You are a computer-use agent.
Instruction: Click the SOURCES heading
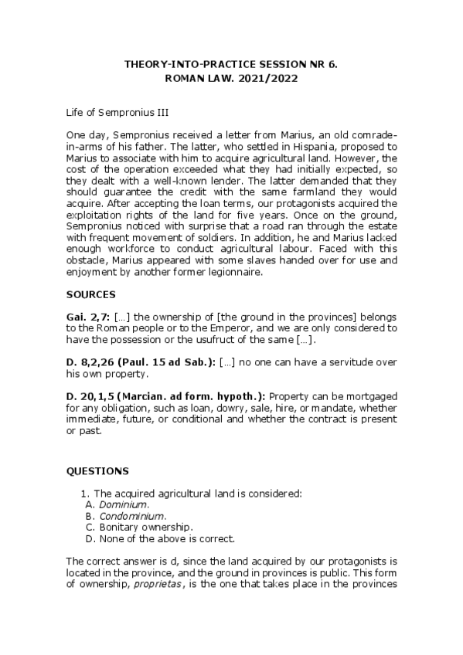click(x=90, y=294)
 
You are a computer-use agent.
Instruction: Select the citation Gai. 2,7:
click(x=87, y=317)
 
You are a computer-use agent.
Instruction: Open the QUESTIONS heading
click(x=97, y=470)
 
